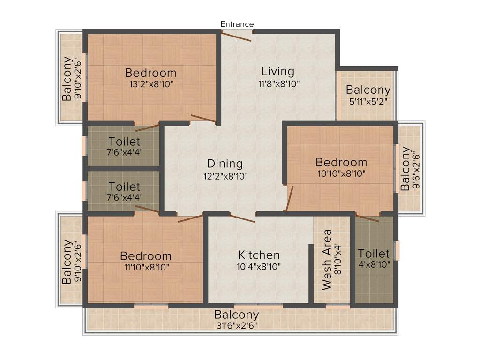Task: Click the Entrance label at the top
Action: (x=237, y=24)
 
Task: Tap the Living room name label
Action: (x=278, y=72)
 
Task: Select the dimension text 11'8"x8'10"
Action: (x=278, y=84)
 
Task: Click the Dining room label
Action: (x=225, y=164)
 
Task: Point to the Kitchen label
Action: (x=259, y=255)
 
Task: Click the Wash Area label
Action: (x=327, y=259)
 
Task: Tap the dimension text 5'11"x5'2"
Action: (x=368, y=101)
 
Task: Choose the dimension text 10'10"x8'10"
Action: (x=341, y=173)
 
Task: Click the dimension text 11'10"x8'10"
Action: (x=146, y=268)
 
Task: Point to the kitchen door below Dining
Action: (x=242, y=217)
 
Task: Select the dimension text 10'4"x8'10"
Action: (x=259, y=267)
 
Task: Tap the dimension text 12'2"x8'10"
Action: (x=225, y=176)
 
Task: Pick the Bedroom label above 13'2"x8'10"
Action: (x=150, y=73)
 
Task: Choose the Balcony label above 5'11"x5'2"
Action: (x=368, y=90)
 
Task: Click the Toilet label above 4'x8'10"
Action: (x=374, y=254)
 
